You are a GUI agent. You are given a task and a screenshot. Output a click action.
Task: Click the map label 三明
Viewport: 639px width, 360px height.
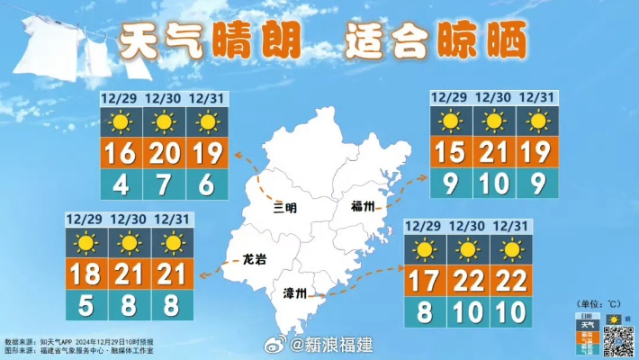coord(284,207)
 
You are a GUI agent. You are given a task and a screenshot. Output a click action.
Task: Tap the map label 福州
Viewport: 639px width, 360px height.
coord(365,207)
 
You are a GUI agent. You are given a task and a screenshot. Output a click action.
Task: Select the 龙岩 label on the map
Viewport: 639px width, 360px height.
coord(256,260)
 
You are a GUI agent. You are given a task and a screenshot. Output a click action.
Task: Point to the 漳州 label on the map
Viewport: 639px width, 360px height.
coord(295,293)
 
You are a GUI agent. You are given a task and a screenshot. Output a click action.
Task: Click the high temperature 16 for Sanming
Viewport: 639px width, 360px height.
coord(121,155)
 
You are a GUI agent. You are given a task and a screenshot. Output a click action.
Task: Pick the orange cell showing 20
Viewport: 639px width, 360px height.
coord(164,155)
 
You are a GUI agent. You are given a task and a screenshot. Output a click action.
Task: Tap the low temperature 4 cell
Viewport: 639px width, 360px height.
coord(121,184)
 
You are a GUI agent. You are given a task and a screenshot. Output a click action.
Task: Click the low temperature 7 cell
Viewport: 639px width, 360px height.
coord(164,184)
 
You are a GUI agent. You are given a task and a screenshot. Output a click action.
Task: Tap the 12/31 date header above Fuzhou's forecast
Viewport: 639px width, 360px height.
coord(536,97)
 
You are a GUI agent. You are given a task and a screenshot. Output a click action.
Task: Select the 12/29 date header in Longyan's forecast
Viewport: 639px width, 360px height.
coord(85,219)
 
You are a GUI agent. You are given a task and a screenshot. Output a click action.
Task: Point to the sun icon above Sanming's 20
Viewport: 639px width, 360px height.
coord(164,122)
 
